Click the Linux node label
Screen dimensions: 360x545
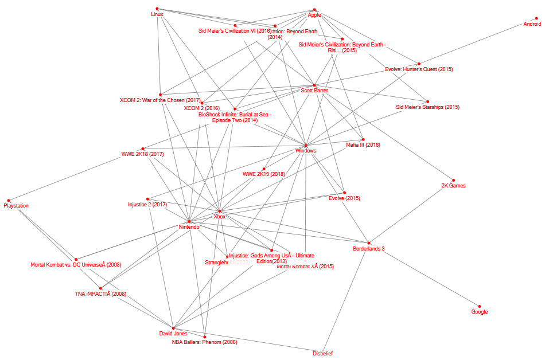tap(157, 14)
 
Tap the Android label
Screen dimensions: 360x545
tap(532, 24)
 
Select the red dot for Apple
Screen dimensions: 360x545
tap(314, 9)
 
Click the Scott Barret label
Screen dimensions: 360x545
tap(314, 91)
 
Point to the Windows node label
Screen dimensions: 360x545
tap(306, 151)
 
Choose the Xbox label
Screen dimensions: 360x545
tap(220, 217)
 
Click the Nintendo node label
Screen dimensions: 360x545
tap(189, 227)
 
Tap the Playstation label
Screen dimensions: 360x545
tap(16, 206)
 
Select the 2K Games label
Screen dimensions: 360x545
tap(453, 186)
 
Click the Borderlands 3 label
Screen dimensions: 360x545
tap(368, 249)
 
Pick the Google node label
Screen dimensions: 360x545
tap(480, 312)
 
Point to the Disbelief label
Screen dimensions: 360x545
tap(323, 353)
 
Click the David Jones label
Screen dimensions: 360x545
tap(173, 334)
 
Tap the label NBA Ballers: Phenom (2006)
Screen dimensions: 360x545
tap(204, 342)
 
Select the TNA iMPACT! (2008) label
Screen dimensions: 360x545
tap(100, 294)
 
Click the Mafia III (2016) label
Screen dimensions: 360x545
tap(363, 145)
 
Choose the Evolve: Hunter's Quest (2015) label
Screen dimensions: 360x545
tap(419, 69)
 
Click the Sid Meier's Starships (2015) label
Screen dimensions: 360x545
tap(427, 107)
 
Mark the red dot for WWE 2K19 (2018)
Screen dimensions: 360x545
tap(264, 169)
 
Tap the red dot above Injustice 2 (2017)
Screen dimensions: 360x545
tap(148, 199)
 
